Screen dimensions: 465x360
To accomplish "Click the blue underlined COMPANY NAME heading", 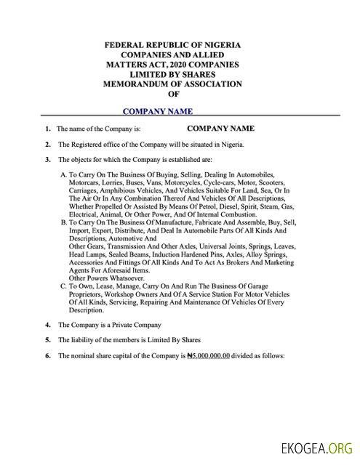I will [158, 111].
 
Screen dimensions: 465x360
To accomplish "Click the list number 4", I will [48, 324].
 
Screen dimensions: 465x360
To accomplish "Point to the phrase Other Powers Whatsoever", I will [96, 278].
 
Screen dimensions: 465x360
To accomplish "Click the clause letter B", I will [63, 222].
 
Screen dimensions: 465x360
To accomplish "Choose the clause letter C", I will [63, 287].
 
